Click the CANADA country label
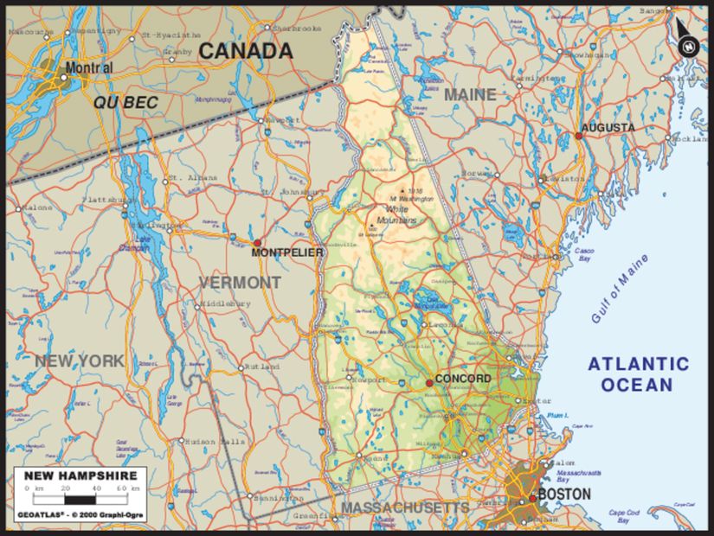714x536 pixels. pyautogui.click(x=246, y=51)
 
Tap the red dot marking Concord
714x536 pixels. pyautogui.click(x=429, y=382)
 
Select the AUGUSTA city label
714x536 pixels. pyautogui.click(x=607, y=127)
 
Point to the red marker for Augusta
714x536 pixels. pyautogui.click(x=579, y=135)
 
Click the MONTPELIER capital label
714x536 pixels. pyautogui.click(x=287, y=252)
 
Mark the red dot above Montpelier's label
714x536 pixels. pyautogui.click(x=256, y=243)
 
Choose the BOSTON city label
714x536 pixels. pyautogui.click(x=564, y=495)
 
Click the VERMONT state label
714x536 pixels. pyautogui.click(x=240, y=283)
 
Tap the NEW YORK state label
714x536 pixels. pyautogui.click(x=80, y=361)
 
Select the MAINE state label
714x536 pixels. pyautogui.click(x=470, y=94)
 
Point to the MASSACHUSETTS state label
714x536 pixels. pyautogui.click(x=405, y=507)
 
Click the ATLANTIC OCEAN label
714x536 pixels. pyautogui.click(x=639, y=373)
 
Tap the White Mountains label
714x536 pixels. pyautogui.click(x=401, y=214)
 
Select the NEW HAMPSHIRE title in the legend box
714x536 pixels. pyautogui.click(x=80, y=475)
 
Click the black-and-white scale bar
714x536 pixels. pyautogui.click(x=80, y=499)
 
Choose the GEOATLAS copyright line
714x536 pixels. pyautogui.click(x=80, y=516)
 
